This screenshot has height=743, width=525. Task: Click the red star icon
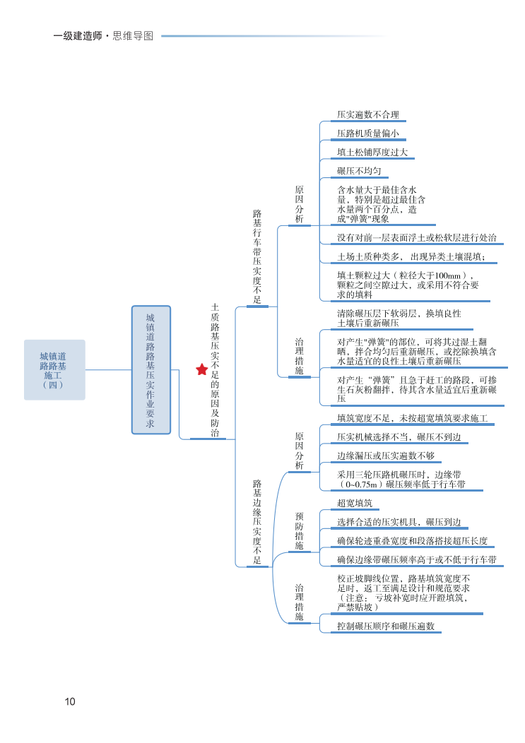click(x=202, y=369)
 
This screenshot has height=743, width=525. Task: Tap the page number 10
click(x=70, y=701)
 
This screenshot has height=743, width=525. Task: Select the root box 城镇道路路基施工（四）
click(x=54, y=370)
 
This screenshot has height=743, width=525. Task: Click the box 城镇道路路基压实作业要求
click(x=151, y=369)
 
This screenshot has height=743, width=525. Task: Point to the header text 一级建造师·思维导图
click(x=103, y=36)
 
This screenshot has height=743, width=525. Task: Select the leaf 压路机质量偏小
click(x=367, y=133)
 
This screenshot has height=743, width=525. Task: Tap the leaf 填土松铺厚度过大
click(x=372, y=153)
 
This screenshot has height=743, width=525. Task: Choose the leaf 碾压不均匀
click(x=359, y=172)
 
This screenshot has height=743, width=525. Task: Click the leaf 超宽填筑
click(x=355, y=504)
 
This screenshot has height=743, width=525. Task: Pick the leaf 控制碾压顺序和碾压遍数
click(x=386, y=626)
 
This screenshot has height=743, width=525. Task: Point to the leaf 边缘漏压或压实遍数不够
click(x=386, y=456)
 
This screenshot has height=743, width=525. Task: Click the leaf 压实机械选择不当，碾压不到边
click(x=399, y=438)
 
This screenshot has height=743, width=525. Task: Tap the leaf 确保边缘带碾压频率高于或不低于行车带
click(x=416, y=560)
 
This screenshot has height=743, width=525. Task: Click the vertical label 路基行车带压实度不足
click(x=257, y=256)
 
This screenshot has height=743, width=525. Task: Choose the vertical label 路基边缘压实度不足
click(x=257, y=522)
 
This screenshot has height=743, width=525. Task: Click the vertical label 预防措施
click(x=300, y=531)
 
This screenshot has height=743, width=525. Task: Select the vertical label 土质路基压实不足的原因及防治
click(x=215, y=370)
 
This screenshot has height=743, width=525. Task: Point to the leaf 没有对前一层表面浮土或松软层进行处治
click(x=416, y=238)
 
